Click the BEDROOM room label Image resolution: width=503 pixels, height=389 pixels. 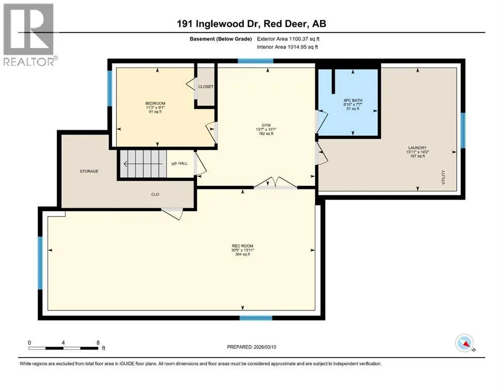(x=156, y=103)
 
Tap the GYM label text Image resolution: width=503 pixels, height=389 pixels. (x=266, y=125)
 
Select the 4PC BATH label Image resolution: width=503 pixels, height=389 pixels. (x=353, y=100)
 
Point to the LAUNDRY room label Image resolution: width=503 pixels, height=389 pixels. (x=417, y=148)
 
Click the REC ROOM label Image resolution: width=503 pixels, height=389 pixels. (x=243, y=246)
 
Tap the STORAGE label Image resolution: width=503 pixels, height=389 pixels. (x=89, y=171)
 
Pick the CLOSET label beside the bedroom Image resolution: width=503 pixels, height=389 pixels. (x=206, y=87)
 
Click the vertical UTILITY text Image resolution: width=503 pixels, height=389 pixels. (x=443, y=177)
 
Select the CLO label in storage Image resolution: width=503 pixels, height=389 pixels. (x=156, y=194)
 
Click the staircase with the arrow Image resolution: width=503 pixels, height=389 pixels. (x=143, y=164)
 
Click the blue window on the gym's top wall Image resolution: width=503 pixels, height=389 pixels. (x=255, y=61)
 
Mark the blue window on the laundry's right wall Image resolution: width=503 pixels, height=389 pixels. (x=463, y=130)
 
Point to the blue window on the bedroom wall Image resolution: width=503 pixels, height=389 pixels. (x=109, y=88)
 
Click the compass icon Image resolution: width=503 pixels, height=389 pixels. (x=465, y=343)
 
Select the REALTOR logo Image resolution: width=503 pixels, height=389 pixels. (x=29, y=34)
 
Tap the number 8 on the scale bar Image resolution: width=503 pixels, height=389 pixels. (x=98, y=342)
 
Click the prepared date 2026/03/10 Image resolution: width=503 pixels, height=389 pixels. (x=265, y=347)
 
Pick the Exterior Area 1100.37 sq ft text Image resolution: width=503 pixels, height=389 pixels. (x=288, y=39)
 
